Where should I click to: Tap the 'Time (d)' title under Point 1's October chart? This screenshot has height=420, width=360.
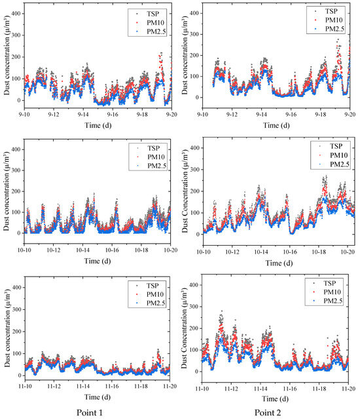[x=97, y=261]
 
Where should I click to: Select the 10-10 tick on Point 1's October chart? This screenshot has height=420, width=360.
[x=25, y=251]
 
